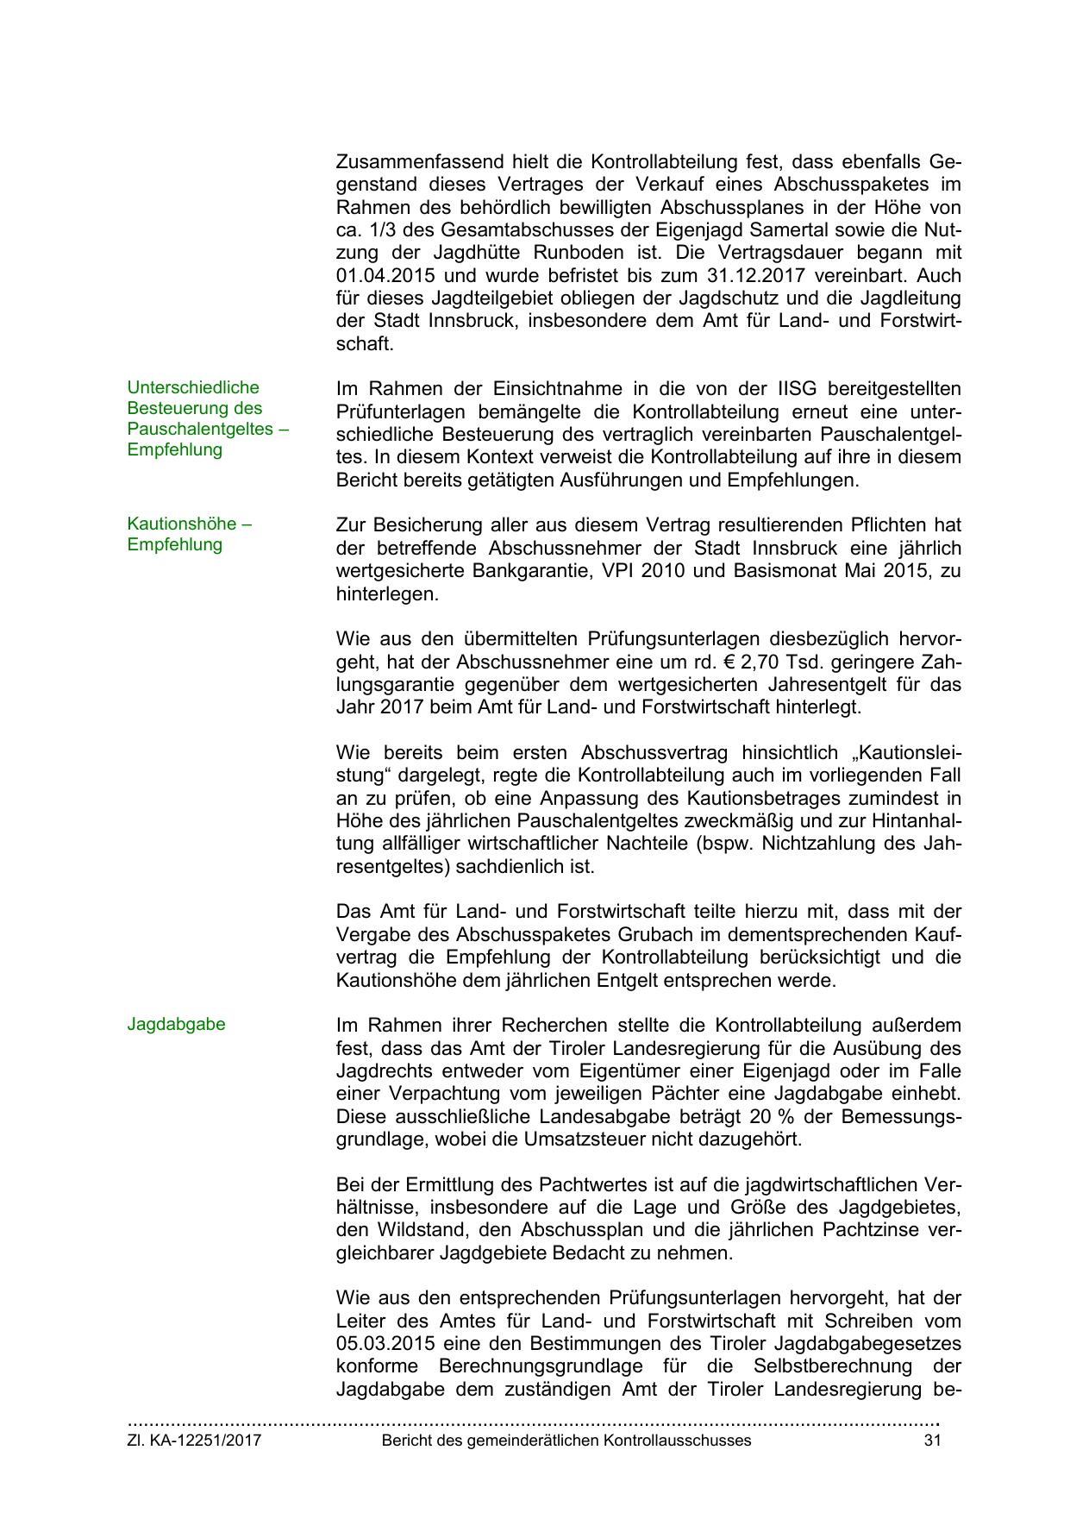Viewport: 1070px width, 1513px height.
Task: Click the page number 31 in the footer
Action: coord(931,1440)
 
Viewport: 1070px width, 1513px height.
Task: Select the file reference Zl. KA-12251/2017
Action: coord(194,1440)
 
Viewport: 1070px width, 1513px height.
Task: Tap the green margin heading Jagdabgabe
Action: coord(176,1024)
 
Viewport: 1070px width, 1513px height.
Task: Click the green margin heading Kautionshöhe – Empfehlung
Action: coord(189,534)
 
